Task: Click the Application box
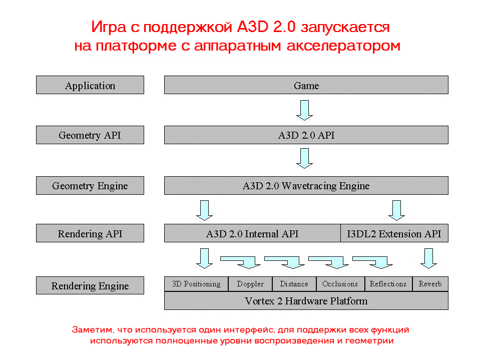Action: (90, 85)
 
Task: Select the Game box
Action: (306, 85)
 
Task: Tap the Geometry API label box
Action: (90, 135)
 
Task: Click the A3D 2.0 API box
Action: (306, 135)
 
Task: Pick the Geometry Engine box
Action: (90, 186)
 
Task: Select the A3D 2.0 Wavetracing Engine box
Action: (306, 186)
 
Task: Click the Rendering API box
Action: (90, 233)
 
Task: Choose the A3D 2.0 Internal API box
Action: (252, 233)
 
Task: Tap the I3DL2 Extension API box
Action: (394, 233)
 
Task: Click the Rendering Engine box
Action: (90, 286)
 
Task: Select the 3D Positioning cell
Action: (196, 284)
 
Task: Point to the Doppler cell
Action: (250, 284)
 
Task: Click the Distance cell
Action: (294, 284)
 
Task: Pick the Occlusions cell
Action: (340, 284)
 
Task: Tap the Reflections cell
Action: (388, 284)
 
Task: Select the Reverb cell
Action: (430, 284)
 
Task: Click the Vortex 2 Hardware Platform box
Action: (306, 301)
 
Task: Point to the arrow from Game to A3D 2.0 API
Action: (304, 110)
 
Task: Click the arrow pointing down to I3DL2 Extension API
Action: (396, 210)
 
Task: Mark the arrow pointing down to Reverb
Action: (428, 258)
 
